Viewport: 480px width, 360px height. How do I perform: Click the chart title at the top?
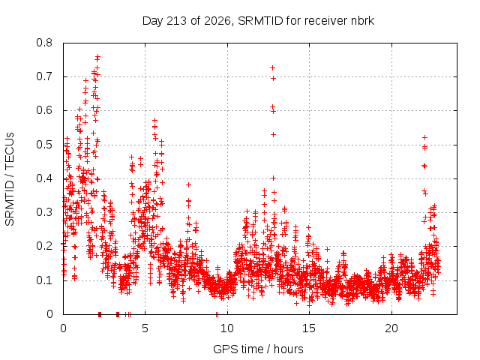pyautogui.click(x=258, y=21)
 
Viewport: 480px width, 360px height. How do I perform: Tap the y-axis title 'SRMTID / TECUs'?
pyautogui.click(x=10, y=179)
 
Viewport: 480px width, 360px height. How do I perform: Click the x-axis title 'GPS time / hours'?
pyautogui.click(x=258, y=349)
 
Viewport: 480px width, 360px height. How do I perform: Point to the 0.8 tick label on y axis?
pyautogui.click(x=44, y=43)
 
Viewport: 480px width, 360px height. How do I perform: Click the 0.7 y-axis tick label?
pyautogui.click(x=44, y=76)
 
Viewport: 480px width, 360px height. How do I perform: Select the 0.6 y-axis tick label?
pyautogui.click(x=44, y=110)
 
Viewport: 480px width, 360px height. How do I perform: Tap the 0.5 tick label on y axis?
pyautogui.click(x=44, y=145)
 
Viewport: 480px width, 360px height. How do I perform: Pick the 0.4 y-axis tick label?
pyautogui.click(x=44, y=178)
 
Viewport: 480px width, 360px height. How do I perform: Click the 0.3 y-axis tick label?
pyautogui.click(x=44, y=212)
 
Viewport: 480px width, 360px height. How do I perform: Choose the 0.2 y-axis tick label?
pyautogui.click(x=44, y=246)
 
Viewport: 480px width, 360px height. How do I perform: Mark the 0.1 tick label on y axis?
pyautogui.click(x=44, y=280)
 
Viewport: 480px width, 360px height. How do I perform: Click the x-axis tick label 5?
pyautogui.click(x=145, y=328)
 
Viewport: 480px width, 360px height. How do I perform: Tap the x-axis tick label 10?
pyautogui.click(x=227, y=328)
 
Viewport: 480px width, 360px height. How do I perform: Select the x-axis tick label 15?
pyautogui.click(x=309, y=328)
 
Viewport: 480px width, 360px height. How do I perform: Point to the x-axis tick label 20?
pyautogui.click(x=391, y=328)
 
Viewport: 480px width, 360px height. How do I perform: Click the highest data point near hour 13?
pyautogui.click(x=272, y=67)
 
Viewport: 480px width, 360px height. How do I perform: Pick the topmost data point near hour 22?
pyautogui.click(x=424, y=138)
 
